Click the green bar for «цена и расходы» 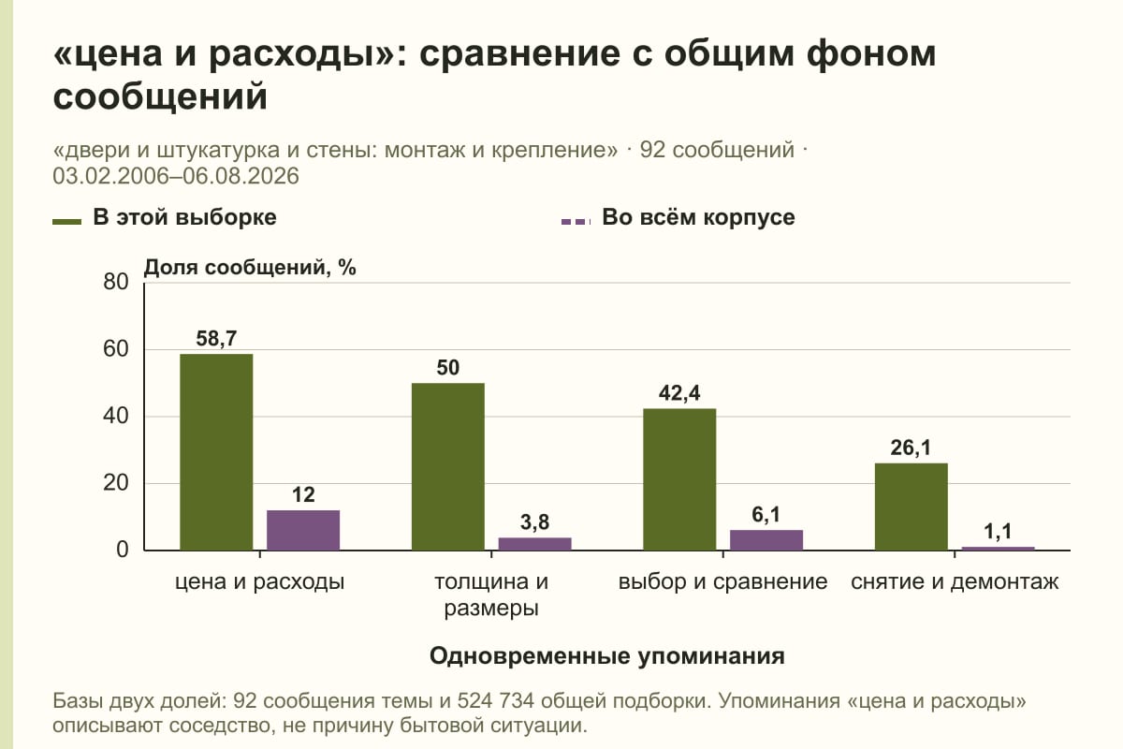pyautogui.click(x=216, y=452)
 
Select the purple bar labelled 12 pyautogui.click(x=303, y=530)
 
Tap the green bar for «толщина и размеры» pyautogui.click(x=447, y=466)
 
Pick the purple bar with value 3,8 pyautogui.click(x=534, y=544)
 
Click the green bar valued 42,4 pyautogui.click(x=679, y=479)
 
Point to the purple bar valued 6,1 pyautogui.click(x=766, y=540)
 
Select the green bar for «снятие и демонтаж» pyautogui.click(x=911, y=507)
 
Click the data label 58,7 pyautogui.click(x=216, y=339)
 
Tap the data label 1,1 pyautogui.click(x=998, y=531)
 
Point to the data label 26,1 pyautogui.click(x=911, y=448)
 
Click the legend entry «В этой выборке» pyautogui.click(x=165, y=218)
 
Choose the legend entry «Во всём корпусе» pyautogui.click(x=678, y=218)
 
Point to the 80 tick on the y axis pyautogui.click(x=116, y=282)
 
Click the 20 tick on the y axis pyautogui.click(x=116, y=483)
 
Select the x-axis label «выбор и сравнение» pyautogui.click(x=722, y=582)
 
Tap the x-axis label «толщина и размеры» pyautogui.click(x=491, y=595)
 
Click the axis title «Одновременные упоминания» pyautogui.click(x=607, y=656)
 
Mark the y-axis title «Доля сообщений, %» pyautogui.click(x=250, y=268)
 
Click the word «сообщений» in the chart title pyautogui.click(x=160, y=95)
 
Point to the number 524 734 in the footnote pyautogui.click(x=495, y=701)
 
